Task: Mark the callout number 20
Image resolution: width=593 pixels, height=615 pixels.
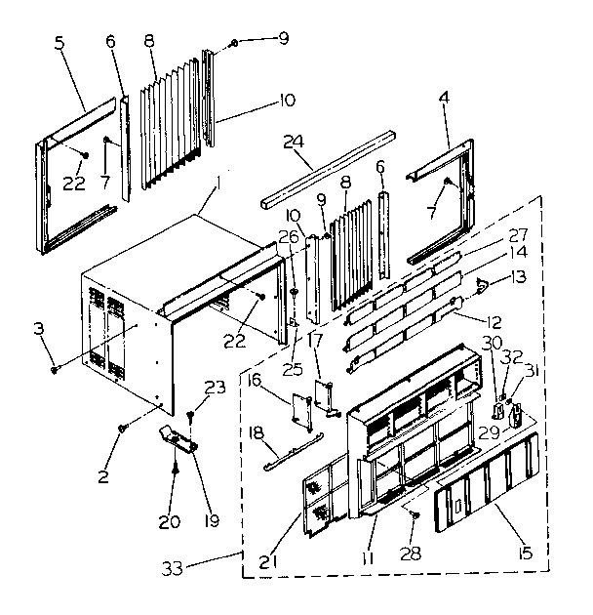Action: pyautogui.click(x=170, y=522)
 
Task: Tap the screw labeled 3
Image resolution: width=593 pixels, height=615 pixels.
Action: pyautogui.click(x=58, y=367)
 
